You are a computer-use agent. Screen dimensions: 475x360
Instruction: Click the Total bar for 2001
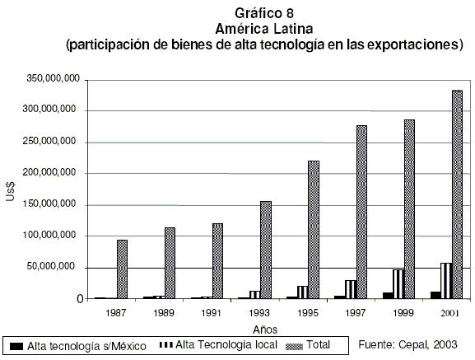coord(457,194)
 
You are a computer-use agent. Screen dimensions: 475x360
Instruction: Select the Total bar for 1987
coord(122,269)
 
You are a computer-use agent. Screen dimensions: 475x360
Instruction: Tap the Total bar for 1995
coord(314,230)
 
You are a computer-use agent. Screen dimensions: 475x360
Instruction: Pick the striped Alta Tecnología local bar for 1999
coord(398,284)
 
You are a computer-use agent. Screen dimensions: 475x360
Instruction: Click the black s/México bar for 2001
coord(435,295)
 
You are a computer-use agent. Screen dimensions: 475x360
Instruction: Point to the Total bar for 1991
coord(217,261)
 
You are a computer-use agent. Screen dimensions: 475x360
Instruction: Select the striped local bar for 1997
coord(351,289)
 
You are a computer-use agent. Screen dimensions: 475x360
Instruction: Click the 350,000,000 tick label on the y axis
coord(53,78)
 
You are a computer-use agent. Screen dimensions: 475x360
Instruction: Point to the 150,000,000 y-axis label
coord(49,203)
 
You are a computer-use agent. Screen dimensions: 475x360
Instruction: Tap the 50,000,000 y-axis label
coord(51,266)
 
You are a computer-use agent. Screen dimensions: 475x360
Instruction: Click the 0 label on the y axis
coord(80,299)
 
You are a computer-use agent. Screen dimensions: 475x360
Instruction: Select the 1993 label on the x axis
coord(259,313)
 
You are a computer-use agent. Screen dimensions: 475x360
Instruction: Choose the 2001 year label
coord(449,313)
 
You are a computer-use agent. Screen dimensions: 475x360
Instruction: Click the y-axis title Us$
coord(11,191)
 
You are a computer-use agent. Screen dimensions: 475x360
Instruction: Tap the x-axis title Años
coord(265,330)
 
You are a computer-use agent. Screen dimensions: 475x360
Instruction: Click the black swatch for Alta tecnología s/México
coord(16,346)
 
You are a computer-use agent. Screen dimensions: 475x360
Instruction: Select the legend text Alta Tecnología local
coord(226,345)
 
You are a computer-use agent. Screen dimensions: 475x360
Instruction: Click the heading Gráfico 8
coord(264,13)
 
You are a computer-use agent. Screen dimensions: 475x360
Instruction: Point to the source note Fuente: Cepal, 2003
coord(407,344)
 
